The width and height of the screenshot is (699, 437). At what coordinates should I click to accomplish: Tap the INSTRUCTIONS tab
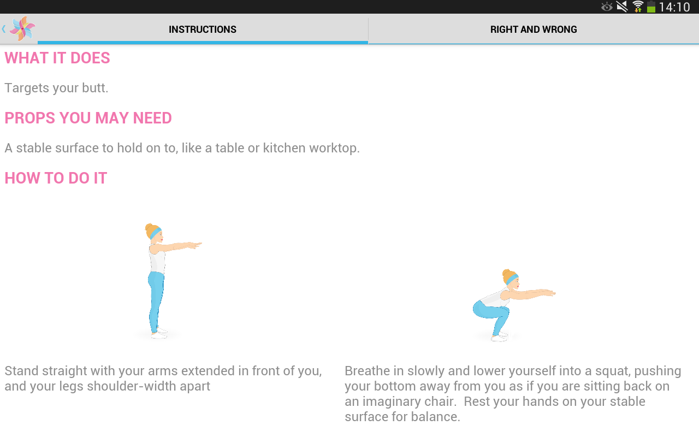[x=203, y=29]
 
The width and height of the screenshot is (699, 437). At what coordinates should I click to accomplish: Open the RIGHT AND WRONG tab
[x=534, y=29]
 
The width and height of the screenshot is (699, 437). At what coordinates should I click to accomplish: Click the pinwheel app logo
[x=22, y=29]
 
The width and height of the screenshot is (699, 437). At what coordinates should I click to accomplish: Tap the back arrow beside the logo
[x=4, y=29]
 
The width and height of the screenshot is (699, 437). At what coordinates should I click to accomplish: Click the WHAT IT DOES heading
[x=57, y=58]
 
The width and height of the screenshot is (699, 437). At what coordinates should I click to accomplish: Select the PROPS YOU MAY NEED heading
[x=88, y=118]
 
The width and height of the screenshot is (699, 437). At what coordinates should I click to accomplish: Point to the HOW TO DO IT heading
[x=56, y=178]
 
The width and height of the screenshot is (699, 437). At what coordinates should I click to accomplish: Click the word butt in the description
[x=95, y=88]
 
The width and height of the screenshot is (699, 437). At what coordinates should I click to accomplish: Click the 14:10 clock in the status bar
[x=674, y=7]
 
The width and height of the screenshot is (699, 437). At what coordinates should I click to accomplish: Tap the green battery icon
[x=651, y=7]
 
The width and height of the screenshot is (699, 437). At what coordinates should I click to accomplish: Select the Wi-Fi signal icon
[x=637, y=7]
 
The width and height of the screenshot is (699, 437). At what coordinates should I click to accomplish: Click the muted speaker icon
[x=622, y=7]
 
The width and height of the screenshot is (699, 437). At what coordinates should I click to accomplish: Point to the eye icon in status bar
[x=607, y=7]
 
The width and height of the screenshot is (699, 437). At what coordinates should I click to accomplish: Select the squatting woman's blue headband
[x=512, y=279]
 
